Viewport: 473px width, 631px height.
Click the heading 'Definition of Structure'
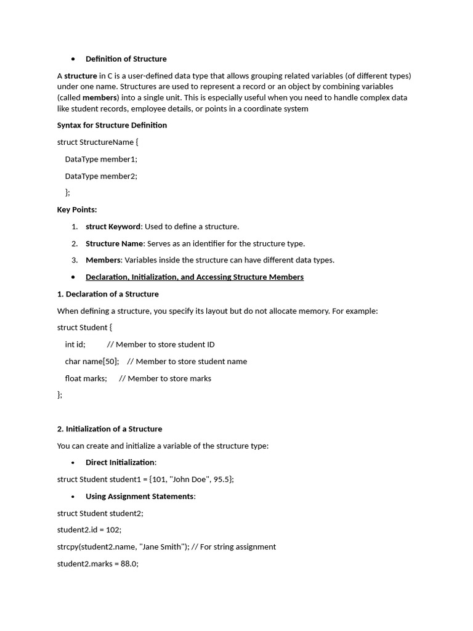[126, 59]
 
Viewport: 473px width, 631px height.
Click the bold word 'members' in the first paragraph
[99, 98]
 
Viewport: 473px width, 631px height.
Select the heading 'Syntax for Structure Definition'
[111, 125]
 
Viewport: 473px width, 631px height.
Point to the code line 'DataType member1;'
[101, 159]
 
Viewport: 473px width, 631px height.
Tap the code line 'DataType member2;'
[101, 176]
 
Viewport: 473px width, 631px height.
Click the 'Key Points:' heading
[77, 210]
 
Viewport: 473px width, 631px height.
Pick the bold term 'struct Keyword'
[113, 227]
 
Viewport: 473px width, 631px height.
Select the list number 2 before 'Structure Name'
[75, 243]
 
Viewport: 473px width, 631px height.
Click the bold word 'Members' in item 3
[103, 260]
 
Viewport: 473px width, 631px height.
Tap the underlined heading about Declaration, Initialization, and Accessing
[194, 277]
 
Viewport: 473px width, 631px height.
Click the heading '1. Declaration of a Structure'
[108, 294]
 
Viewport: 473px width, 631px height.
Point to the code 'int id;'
[75, 344]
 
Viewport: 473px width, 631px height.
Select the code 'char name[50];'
[92, 362]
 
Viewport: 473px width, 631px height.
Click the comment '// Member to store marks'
[165, 378]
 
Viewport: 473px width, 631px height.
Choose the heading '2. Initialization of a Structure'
[110, 429]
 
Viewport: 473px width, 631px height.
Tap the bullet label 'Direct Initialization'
[120, 463]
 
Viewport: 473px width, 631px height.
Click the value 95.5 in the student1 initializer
[222, 479]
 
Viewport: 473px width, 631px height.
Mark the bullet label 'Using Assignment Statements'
[140, 497]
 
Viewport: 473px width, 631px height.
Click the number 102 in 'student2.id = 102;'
[113, 530]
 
